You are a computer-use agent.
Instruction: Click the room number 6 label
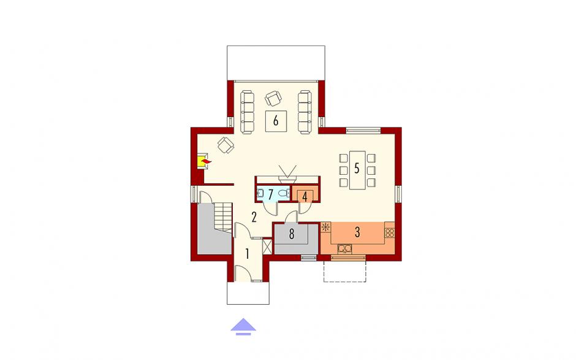coord(276,120)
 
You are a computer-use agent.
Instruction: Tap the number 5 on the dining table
coord(357,168)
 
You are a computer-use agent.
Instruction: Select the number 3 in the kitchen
coord(357,232)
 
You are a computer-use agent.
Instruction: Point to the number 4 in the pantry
coord(305,197)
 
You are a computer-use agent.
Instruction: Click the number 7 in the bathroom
coord(271,194)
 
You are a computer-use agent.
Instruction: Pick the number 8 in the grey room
coord(292,234)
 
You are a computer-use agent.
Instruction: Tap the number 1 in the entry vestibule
coord(247,253)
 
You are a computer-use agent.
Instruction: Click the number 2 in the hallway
coord(254,217)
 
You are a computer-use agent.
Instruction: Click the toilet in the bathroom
coord(283,193)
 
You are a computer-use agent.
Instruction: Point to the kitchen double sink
coord(344,249)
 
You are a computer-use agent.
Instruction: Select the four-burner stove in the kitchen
coord(389,232)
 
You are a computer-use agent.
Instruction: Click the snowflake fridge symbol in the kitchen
coord(325,228)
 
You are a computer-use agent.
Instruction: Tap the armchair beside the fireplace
coord(225,145)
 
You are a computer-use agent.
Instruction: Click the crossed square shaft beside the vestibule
coord(267,247)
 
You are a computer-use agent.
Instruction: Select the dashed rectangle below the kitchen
coord(344,271)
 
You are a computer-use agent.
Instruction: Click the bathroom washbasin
coord(260,193)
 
